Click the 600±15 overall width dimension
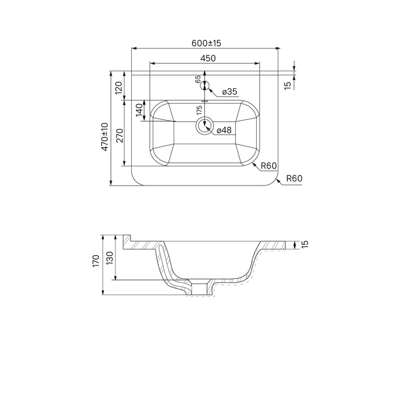tap(206, 43)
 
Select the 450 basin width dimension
tap(208, 58)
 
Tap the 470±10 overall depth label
tap(105, 137)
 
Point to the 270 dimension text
tap(119, 136)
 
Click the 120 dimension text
tap(119, 88)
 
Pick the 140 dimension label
tap(139, 110)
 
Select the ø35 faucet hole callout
tap(230, 92)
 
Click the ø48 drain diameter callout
tap(224, 130)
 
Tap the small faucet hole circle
tap(205, 85)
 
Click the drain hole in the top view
tap(205, 126)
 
